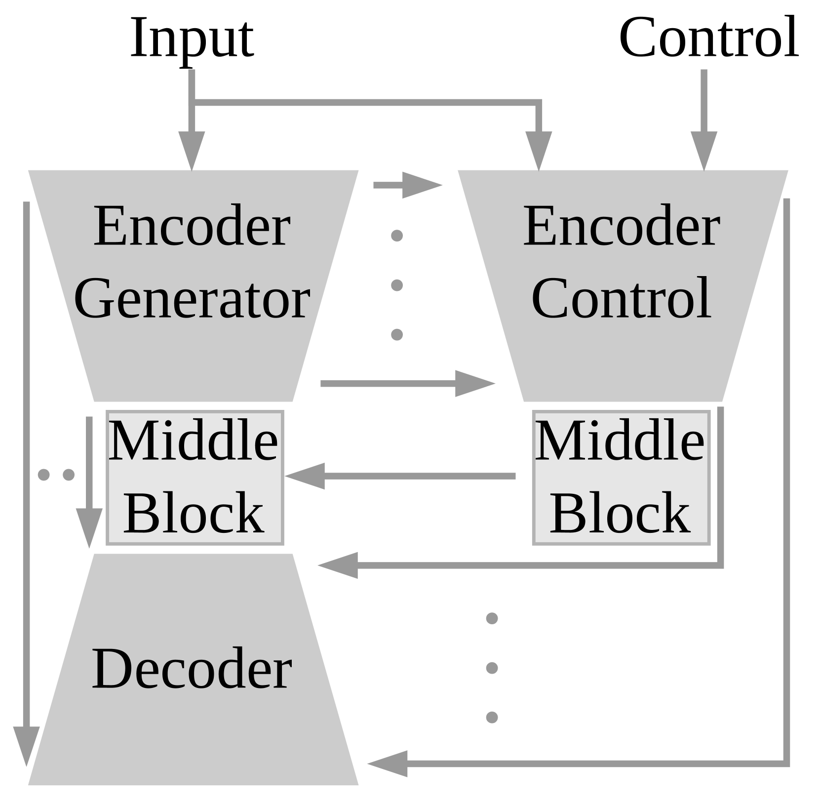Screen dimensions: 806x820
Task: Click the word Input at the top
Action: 192,39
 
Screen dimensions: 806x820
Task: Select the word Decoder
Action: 192,669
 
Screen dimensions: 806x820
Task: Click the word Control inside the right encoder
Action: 621,298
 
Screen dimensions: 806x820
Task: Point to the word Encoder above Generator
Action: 192,226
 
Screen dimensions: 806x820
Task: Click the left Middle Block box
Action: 195,477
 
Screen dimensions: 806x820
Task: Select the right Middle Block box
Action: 621,477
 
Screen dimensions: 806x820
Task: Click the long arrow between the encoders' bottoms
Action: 407,383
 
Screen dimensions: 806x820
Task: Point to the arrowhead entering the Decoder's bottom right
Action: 389,764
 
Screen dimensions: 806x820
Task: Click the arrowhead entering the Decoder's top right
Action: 339,565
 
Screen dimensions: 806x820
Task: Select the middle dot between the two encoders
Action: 397,285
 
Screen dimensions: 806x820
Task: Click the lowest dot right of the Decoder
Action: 492,717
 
